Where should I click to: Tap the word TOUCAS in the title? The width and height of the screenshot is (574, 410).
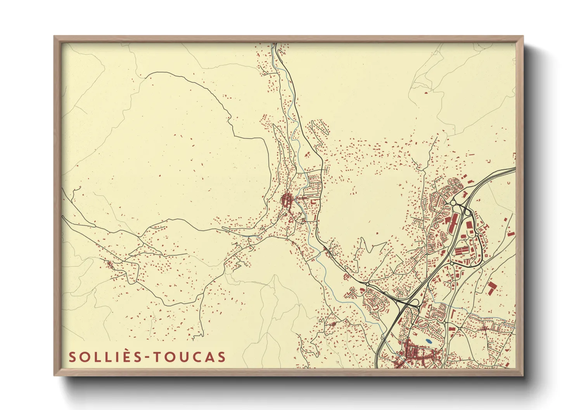[x=190, y=357]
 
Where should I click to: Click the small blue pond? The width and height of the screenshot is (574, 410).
[x=428, y=341]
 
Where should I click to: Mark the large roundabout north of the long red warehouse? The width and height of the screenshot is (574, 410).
[x=454, y=203]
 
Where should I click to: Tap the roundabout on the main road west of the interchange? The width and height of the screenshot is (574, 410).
[x=367, y=284]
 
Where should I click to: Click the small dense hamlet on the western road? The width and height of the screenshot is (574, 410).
[x=110, y=264]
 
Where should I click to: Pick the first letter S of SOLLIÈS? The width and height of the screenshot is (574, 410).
[x=72, y=357]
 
